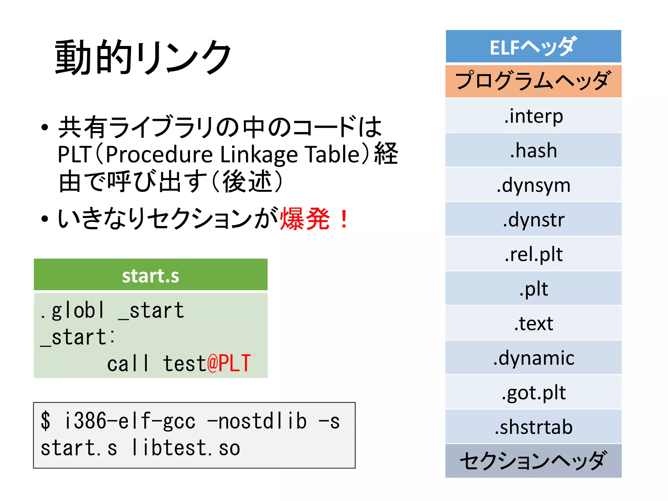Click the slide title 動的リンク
(x=143, y=57)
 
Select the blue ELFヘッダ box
(x=533, y=47)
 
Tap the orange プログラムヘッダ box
(x=533, y=81)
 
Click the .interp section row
(x=533, y=116)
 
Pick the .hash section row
(x=533, y=150)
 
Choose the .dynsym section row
(x=533, y=185)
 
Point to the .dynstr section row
(x=533, y=220)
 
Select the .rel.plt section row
(x=533, y=254)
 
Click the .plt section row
(x=533, y=289)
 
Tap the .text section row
(x=533, y=323)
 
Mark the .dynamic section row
(x=533, y=358)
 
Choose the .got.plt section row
(x=533, y=392)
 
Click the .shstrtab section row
(x=533, y=427)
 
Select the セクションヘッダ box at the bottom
(x=533, y=461)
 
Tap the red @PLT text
(x=229, y=363)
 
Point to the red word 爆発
(x=305, y=219)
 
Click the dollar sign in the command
(x=46, y=421)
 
